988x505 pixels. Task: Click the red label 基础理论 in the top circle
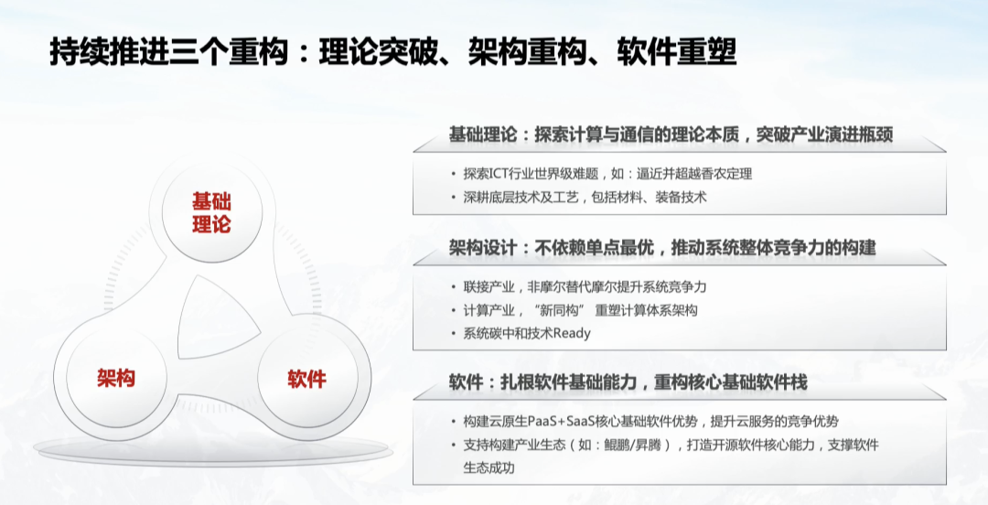point(211,212)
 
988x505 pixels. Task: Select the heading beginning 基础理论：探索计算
point(671,134)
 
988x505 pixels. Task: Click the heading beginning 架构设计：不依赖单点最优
point(661,247)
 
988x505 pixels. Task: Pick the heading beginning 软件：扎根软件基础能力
point(628,381)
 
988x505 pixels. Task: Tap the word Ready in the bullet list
point(572,333)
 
